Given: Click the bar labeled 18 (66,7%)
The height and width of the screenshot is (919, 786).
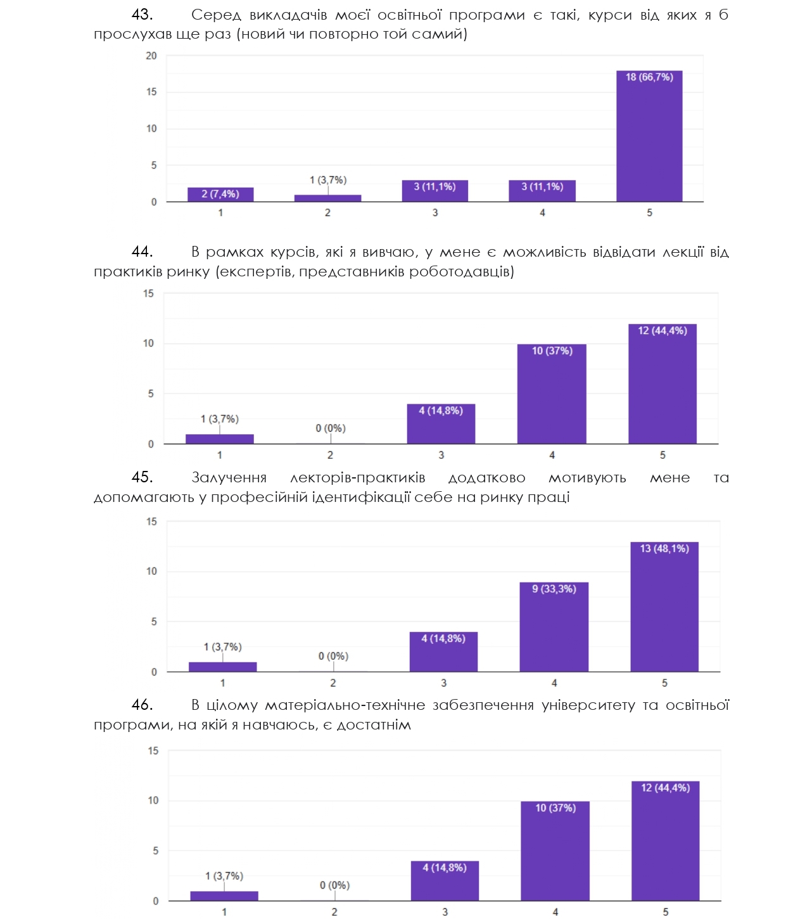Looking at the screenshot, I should pyautogui.click(x=649, y=136).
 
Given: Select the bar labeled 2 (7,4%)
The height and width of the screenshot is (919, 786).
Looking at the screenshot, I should pyautogui.click(x=220, y=195).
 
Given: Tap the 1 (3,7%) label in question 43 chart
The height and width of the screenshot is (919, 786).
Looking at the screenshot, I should pyautogui.click(x=328, y=180).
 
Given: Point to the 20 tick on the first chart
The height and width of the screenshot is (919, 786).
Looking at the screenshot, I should pyautogui.click(x=151, y=56).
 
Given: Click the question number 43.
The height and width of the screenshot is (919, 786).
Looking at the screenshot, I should pyautogui.click(x=142, y=15).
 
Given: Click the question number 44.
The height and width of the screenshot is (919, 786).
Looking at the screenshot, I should pyautogui.click(x=142, y=252).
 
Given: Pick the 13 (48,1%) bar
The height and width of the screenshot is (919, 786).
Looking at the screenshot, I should pyautogui.click(x=664, y=607).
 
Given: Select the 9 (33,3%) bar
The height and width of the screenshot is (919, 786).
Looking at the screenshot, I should pyautogui.click(x=554, y=627).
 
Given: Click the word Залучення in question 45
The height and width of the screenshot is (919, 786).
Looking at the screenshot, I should pyautogui.click(x=229, y=478).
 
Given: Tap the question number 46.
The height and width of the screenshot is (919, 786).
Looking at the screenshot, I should pyautogui.click(x=142, y=705).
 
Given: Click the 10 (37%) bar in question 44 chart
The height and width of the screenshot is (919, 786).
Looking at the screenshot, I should pyautogui.click(x=552, y=394).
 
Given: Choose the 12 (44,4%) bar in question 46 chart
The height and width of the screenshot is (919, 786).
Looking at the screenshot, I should pyautogui.click(x=665, y=840).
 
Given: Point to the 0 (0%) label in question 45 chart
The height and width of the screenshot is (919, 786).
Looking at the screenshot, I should pyautogui.click(x=333, y=656).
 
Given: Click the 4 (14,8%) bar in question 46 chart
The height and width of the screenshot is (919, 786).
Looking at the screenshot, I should pyautogui.click(x=445, y=880).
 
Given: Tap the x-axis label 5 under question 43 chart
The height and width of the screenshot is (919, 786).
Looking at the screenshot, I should pyautogui.click(x=649, y=213).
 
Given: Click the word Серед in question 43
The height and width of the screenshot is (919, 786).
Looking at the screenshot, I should pyautogui.click(x=216, y=15).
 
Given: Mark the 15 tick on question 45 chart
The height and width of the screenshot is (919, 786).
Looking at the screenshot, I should pyautogui.click(x=152, y=522).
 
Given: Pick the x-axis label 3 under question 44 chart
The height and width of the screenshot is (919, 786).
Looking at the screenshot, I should pyautogui.click(x=441, y=455).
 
